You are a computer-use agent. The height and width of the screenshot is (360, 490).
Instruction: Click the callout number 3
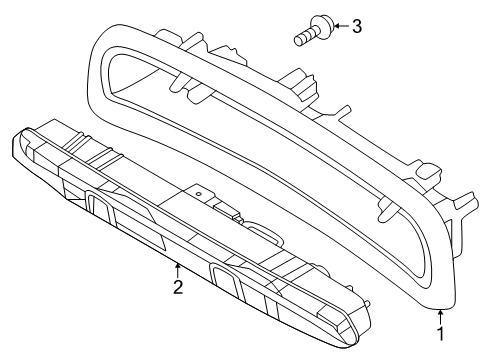(x=357, y=26)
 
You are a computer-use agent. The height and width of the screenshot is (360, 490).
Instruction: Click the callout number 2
(x=178, y=287)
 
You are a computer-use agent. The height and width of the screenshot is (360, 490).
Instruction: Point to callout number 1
(x=441, y=334)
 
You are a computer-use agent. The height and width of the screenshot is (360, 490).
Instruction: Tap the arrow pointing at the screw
(x=341, y=26)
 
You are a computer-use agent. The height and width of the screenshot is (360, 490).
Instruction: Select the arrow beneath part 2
(x=178, y=270)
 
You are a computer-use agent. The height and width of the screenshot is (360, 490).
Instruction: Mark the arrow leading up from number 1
(x=441, y=317)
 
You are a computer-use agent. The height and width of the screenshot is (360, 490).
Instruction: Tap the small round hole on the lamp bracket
(x=198, y=194)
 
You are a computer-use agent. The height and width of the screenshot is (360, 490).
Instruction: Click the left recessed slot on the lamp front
(x=100, y=207)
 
